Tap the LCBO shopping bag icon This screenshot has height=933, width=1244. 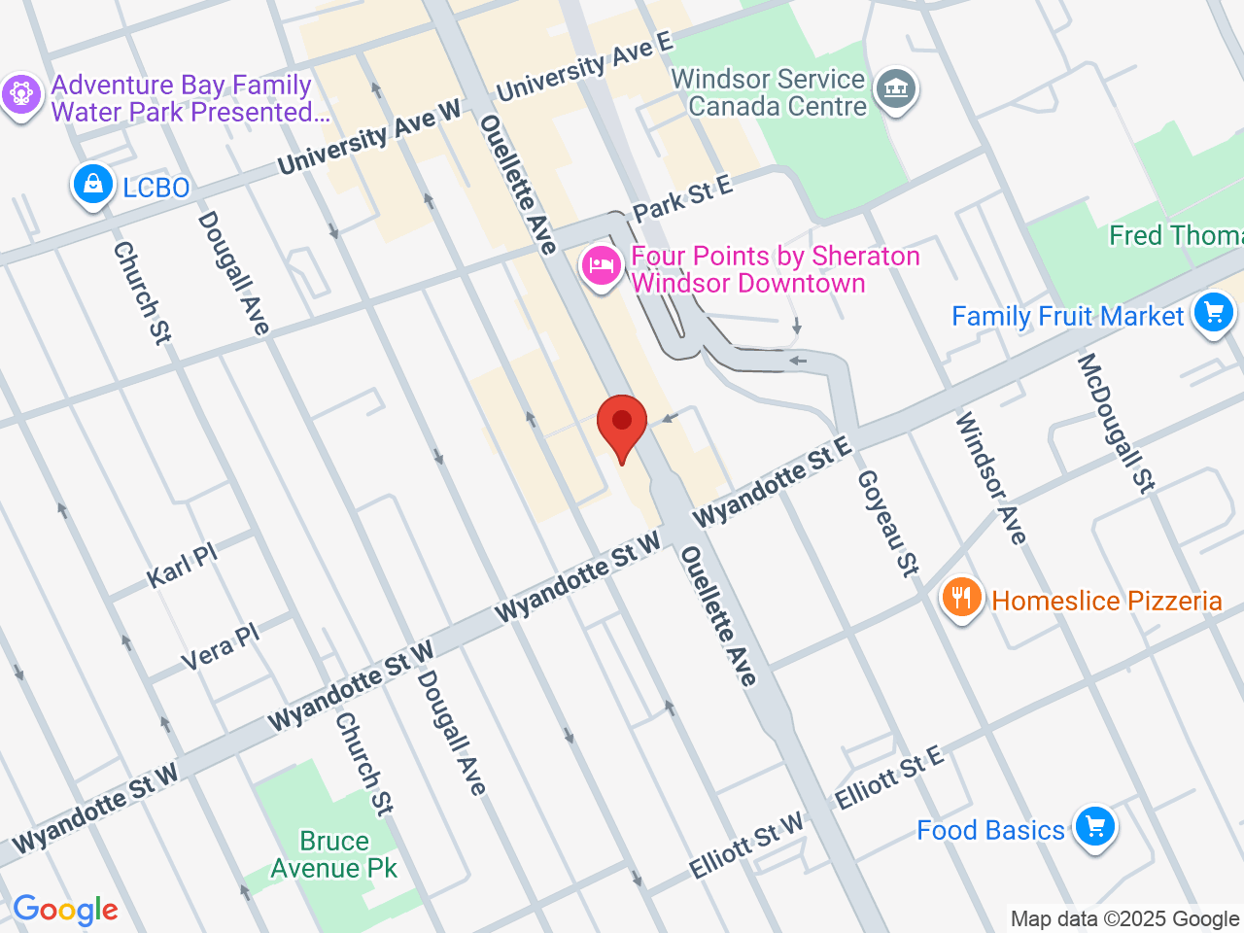tap(93, 185)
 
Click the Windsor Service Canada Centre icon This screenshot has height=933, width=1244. tap(895, 90)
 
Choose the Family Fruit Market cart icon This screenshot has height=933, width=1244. tap(1213, 314)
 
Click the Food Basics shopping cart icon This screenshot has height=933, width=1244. tap(1095, 828)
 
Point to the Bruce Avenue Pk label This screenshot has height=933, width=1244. tap(334, 854)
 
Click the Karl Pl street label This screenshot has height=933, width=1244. tap(182, 566)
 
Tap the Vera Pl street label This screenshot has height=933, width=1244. tap(221, 646)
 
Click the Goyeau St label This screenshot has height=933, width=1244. tap(887, 523)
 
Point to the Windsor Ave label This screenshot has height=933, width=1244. tap(990, 477)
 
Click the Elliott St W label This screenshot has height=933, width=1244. tap(746, 845)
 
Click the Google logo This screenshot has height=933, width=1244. tap(65, 911)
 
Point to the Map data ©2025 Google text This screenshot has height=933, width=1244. tap(1124, 918)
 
